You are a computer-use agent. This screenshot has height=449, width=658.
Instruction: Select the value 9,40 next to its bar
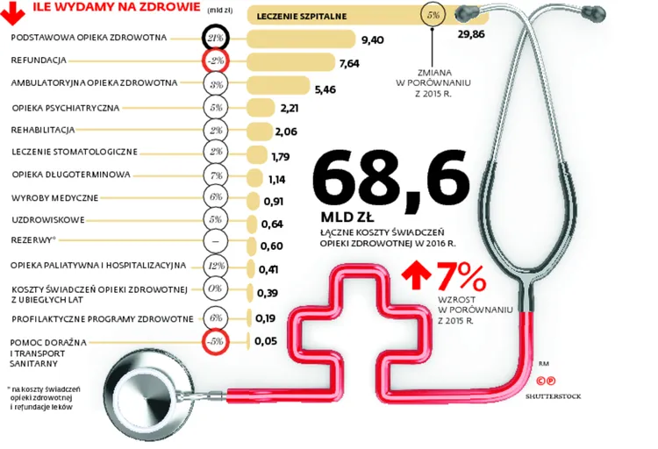(x=374, y=39)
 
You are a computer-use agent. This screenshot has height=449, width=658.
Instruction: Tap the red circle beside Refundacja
(x=216, y=61)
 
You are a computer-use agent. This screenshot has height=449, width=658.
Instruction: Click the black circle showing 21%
(x=216, y=39)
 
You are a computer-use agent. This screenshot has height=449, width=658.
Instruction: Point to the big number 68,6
(x=390, y=178)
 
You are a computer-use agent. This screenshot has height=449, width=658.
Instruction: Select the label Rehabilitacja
(x=43, y=130)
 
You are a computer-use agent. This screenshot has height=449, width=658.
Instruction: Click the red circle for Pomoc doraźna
(x=216, y=342)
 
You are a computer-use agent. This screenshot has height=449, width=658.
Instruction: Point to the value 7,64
(x=349, y=63)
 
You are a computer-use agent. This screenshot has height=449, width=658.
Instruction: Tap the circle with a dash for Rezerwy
(x=216, y=242)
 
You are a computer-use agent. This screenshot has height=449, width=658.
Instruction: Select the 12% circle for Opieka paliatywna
(x=216, y=266)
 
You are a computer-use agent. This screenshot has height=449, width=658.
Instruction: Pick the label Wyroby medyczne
(x=54, y=197)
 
